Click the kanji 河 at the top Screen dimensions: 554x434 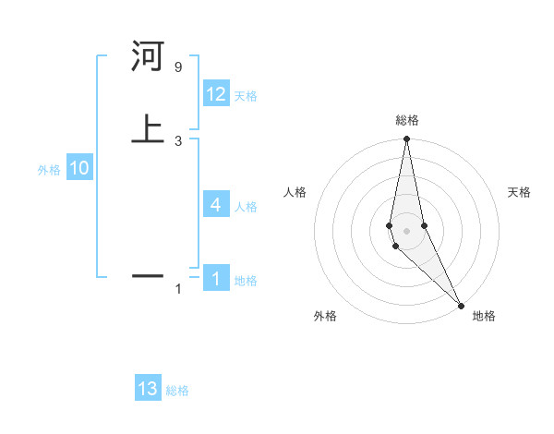pos(148,57)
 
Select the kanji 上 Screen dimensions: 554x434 pos(148,128)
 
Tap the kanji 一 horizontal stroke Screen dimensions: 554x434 pos(148,275)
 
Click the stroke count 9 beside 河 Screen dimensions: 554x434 pos(177,67)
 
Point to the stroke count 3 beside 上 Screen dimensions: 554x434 pos(177,140)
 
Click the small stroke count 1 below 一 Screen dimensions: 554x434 pos(178,289)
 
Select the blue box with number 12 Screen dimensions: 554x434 pos(216,94)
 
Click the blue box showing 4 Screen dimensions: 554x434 pos(216,205)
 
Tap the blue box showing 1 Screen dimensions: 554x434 pos(216,279)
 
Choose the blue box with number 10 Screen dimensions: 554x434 pos(79,169)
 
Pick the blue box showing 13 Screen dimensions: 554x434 pos(148,389)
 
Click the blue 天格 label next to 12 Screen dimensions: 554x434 pos(246,96)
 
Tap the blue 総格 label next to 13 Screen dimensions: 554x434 pos(177,391)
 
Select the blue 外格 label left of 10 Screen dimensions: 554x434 pos(49,170)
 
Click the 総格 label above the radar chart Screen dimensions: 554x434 pos(406,120)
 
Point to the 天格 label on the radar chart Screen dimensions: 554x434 pos(519,192)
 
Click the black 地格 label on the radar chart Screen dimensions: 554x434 pos(484,316)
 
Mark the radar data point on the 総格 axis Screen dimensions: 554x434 pos(406,139)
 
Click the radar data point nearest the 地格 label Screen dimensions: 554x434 pos(461,305)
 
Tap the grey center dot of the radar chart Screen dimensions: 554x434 pos(406,230)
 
